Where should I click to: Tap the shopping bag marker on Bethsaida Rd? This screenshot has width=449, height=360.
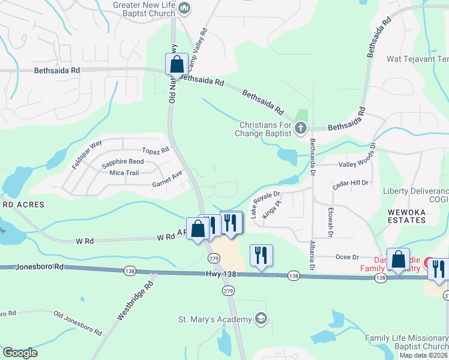click(177, 64)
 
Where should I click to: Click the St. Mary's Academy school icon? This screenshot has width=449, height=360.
click(261, 318)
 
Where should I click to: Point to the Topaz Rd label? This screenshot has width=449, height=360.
click(155, 151)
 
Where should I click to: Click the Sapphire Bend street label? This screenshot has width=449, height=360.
click(122, 162)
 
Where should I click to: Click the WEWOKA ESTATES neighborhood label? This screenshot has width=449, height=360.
click(406, 215)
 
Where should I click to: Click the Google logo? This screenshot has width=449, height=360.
click(19, 353)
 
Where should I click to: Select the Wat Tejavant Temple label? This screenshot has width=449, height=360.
click(418, 59)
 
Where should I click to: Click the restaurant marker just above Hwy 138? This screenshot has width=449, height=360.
click(261, 255)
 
